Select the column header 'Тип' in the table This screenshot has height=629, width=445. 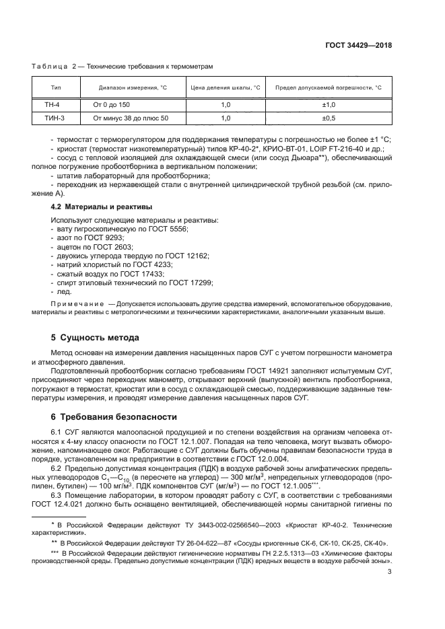point(56,87)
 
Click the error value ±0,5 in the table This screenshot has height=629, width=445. point(329,118)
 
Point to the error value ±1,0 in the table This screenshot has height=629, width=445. point(329,105)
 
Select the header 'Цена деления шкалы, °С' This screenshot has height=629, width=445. point(226,87)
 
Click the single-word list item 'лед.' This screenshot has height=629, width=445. point(60,291)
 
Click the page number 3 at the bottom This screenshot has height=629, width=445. point(389,572)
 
